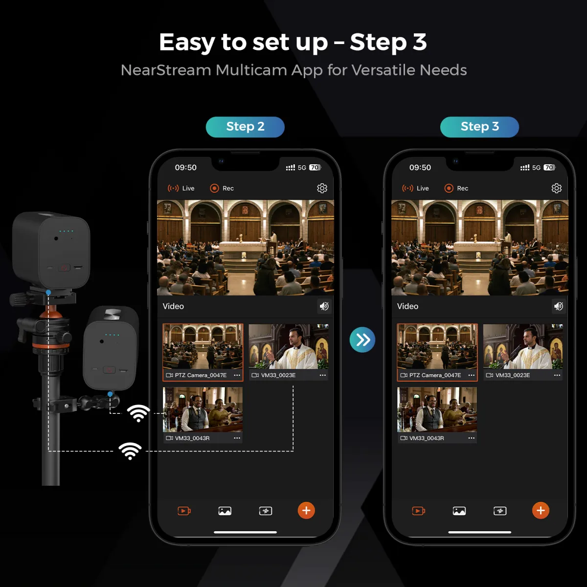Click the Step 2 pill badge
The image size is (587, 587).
pyautogui.click(x=245, y=127)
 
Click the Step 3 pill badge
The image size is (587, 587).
pyautogui.click(x=479, y=127)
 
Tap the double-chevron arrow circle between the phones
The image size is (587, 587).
pyautogui.click(x=362, y=339)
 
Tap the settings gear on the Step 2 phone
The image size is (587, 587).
pyautogui.click(x=322, y=188)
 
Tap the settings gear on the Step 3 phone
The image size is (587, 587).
pyautogui.click(x=556, y=188)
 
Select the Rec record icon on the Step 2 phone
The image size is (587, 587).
pyautogui.click(x=214, y=188)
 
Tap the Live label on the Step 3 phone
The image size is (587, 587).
pyautogui.click(x=423, y=188)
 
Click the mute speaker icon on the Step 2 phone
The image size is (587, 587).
pyautogui.click(x=324, y=306)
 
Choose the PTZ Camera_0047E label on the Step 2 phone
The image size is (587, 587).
pyautogui.click(x=201, y=375)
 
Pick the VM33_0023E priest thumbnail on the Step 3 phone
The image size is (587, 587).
pyautogui.click(x=523, y=346)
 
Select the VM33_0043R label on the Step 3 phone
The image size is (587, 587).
pyautogui.click(x=427, y=438)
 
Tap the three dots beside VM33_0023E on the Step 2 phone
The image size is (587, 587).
pyautogui.click(x=322, y=375)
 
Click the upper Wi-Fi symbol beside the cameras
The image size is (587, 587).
pyautogui.click(x=138, y=413)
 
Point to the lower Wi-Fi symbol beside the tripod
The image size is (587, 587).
pyautogui.click(x=130, y=451)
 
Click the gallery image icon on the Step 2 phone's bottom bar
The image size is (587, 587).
pyautogui.click(x=225, y=511)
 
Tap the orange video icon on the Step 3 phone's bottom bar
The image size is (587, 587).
pyautogui.click(x=419, y=511)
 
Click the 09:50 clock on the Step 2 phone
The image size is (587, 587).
pyautogui.click(x=185, y=168)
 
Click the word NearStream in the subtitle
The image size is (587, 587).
pyautogui.click(x=166, y=70)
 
